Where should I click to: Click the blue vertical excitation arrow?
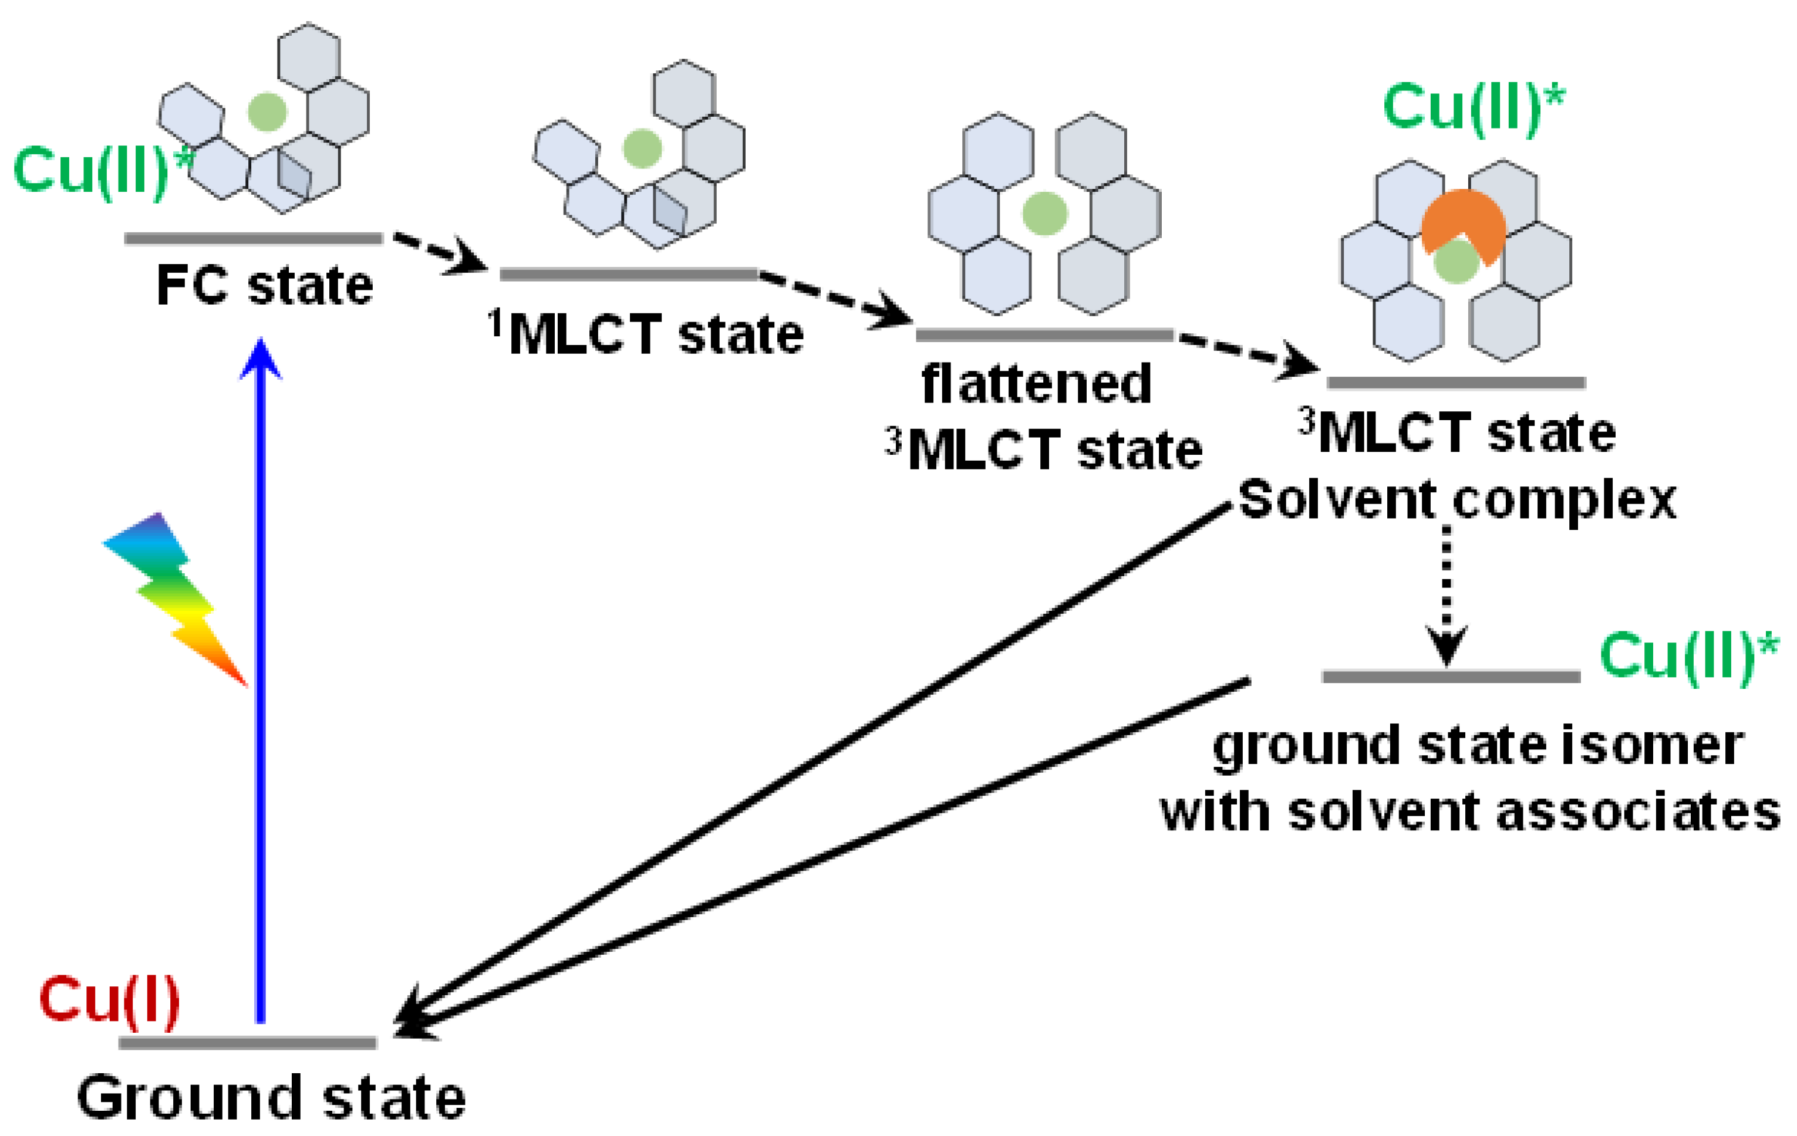click(x=261, y=671)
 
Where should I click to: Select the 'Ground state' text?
click(x=272, y=1098)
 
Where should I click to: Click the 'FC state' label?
click(x=265, y=286)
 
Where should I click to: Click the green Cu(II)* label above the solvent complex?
click(x=1474, y=108)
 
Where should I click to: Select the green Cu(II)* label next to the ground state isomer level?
click(x=1688, y=657)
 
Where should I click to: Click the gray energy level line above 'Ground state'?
click(x=247, y=1043)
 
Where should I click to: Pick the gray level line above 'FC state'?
click(x=254, y=239)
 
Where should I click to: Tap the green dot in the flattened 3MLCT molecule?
click(x=1045, y=214)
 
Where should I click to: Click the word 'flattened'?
click(x=1037, y=385)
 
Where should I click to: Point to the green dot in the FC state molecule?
click(x=267, y=112)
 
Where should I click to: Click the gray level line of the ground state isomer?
click(x=1451, y=677)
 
